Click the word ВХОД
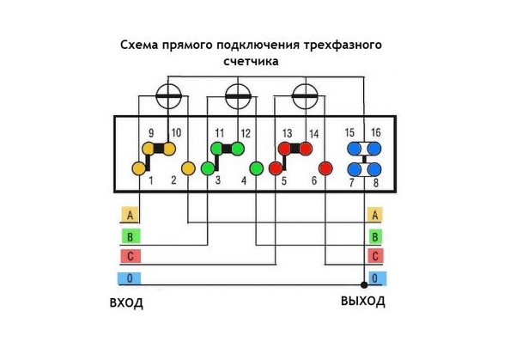[126, 303]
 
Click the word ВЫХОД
[363, 302]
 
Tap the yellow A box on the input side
[130, 215]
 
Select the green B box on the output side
[375, 236]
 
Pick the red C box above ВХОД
[130, 256]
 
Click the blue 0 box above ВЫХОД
[377, 278]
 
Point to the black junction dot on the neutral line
[364, 285]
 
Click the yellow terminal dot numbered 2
[188, 168]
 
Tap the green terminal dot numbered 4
[257, 168]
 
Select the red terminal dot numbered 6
[325, 168]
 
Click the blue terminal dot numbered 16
[374, 149]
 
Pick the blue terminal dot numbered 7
[355, 169]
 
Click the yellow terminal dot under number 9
[149, 149]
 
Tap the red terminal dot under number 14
[306, 149]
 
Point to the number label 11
[220, 133]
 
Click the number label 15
[349, 132]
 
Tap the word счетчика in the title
[252, 61]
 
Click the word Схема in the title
[139, 45]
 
